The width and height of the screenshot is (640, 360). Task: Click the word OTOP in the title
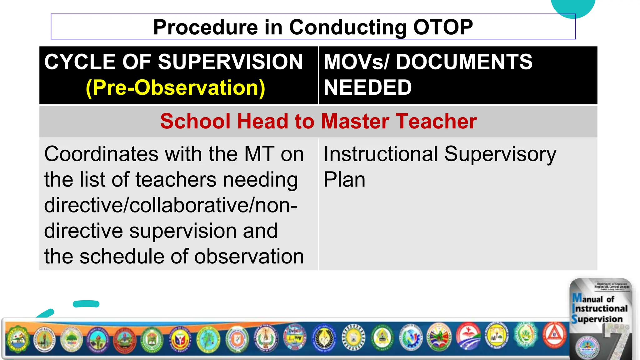coord(443,27)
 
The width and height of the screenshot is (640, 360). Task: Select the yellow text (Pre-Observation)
coord(175,87)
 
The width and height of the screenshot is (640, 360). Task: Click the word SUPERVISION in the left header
coord(230,62)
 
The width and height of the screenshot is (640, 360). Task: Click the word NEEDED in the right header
coord(367,87)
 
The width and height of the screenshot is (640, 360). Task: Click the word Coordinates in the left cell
coord(101,154)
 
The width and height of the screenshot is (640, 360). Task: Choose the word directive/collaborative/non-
coord(170,205)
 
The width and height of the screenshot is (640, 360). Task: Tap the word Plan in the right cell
coord(344,180)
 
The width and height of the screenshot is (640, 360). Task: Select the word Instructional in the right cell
coord(381,154)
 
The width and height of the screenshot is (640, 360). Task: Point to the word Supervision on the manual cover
coord(597,319)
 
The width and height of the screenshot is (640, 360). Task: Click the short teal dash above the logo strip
coord(86,304)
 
